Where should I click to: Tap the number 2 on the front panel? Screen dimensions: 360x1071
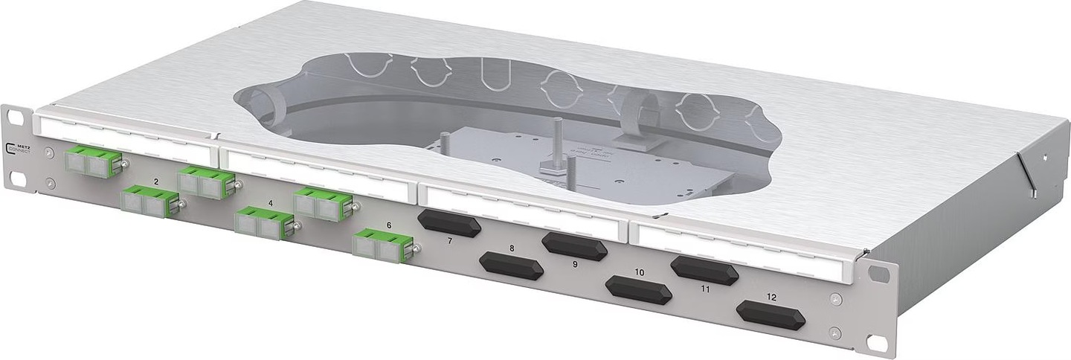pyautogui.click(x=155, y=181)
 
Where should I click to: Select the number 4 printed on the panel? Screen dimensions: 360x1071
pyautogui.click(x=270, y=202)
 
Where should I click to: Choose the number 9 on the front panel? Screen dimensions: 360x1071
pyautogui.click(x=574, y=263)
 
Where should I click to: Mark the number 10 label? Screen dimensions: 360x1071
pyautogui.click(x=639, y=272)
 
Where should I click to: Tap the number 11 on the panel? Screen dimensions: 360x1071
pyautogui.click(x=705, y=288)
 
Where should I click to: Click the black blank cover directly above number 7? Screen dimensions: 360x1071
pyautogui.click(x=449, y=223)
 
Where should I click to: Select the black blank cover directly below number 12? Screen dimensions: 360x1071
pyautogui.click(x=771, y=315)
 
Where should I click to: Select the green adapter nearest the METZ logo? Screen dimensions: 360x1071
pyautogui.click(x=94, y=161)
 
